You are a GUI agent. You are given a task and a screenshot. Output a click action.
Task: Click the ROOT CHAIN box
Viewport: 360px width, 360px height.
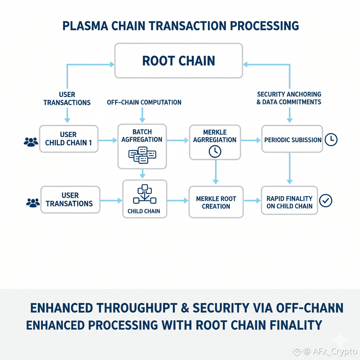178,60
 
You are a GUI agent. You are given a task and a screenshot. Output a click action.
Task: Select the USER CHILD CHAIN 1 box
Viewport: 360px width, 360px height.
69,139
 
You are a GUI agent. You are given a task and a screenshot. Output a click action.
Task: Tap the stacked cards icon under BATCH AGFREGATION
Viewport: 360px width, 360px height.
142,155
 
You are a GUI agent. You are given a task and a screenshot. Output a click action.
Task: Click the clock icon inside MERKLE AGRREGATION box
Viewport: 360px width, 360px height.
215,151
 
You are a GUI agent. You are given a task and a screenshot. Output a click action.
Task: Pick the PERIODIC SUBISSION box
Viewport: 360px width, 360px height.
292,140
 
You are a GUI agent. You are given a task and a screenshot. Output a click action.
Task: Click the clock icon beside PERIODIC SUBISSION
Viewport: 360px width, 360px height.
331,140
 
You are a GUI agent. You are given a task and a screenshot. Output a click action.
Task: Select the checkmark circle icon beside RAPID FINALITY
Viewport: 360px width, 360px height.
326,201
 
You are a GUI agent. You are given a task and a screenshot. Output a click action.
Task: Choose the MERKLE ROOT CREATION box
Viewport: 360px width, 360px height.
216,202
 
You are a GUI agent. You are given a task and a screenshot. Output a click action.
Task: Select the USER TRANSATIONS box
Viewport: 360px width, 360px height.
69,200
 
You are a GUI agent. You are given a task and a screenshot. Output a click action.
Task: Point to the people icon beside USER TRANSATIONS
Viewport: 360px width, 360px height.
33,202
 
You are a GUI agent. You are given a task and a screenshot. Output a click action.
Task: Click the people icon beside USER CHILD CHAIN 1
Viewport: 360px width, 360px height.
31,142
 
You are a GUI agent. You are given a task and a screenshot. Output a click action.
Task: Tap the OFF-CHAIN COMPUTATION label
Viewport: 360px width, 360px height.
144,102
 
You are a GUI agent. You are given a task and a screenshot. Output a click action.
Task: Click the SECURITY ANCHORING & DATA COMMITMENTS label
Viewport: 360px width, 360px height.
289,98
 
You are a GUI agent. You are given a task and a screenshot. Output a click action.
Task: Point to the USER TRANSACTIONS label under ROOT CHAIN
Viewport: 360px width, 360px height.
67,98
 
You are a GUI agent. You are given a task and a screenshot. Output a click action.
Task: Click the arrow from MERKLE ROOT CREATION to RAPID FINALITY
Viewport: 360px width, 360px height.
252,201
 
